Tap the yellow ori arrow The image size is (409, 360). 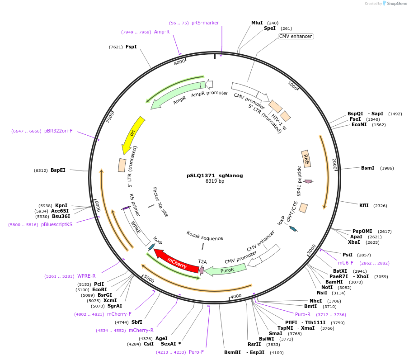point(133,135)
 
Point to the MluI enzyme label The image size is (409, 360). point(257,23)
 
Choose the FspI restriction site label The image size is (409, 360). point(131,47)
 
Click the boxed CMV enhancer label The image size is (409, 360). point(296,36)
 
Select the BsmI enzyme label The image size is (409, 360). point(367,168)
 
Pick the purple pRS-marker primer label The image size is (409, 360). point(205,23)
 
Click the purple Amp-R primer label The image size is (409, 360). point(162,32)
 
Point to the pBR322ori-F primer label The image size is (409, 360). point(58,131)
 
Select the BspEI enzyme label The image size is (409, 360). point(58,170)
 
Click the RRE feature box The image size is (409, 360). point(306,159)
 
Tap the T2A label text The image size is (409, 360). point(202,261)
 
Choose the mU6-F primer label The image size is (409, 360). point(346,263)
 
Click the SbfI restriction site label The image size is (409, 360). point(136,322)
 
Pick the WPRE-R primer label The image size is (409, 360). point(86,276)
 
